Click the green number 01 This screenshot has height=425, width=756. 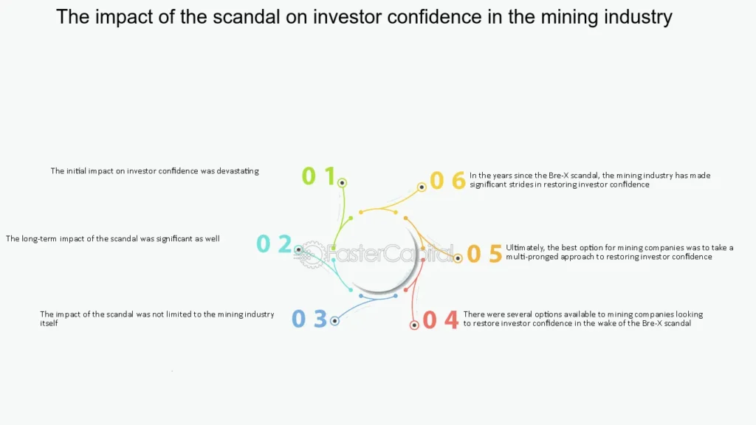(319, 176)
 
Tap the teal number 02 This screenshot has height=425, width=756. (274, 243)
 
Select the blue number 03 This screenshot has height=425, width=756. (309, 319)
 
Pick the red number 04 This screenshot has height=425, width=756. (441, 320)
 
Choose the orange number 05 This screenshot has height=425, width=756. (484, 254)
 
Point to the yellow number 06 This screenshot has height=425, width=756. (448, 180)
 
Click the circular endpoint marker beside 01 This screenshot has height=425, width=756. (342, 182)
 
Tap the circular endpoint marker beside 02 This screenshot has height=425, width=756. (298, 250)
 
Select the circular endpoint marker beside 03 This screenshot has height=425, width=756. (334, 321)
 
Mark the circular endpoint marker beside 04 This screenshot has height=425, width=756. (414, 325)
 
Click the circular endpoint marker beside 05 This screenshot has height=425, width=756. (458, 258)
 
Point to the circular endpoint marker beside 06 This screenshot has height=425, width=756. (422, 187)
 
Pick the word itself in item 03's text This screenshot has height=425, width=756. (49, 323)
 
